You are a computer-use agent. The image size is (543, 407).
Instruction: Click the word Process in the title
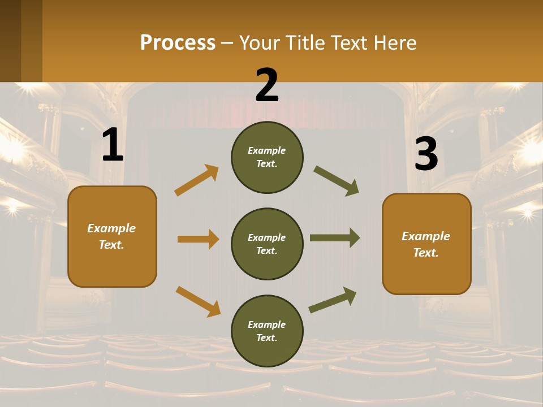pyautogui.click(x=178, y=42)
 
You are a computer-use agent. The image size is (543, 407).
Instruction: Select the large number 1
pyautogui.click(x=113, y=145)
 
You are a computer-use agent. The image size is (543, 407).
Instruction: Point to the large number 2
pyautogui.click(x=267, y=85)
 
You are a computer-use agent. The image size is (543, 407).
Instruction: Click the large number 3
pyautogui.click(x=426, y=154)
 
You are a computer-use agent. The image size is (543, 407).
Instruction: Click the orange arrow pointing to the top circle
pyautogui.click(x=197, y=180)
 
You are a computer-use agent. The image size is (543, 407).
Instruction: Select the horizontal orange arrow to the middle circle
pyautogui.click(x=198, y=239)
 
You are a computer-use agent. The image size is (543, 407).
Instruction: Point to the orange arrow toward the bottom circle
pyautogui.click(x=198, y=301)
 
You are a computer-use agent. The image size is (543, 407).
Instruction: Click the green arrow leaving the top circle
pyautogui.click(x=336, y=181)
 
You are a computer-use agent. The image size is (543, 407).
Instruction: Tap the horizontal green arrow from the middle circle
pyautogui.click(x=334, y=238)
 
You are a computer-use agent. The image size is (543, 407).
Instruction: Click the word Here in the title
pyautogui.click(x=396, y=42)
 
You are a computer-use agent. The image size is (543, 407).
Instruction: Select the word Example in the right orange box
pyautogui.click(x=426, y=236)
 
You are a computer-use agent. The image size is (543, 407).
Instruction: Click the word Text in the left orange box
pyautogui.click(x=111, y=245)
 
